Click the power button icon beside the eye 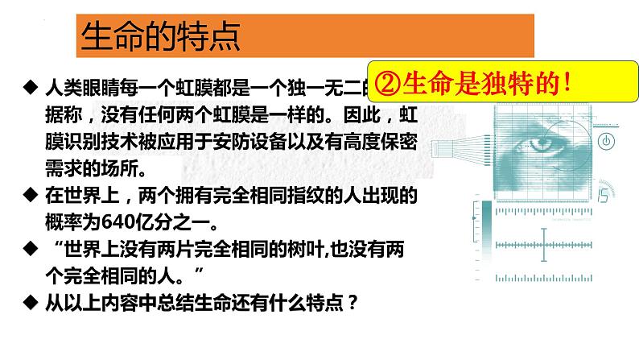pos(607,142)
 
